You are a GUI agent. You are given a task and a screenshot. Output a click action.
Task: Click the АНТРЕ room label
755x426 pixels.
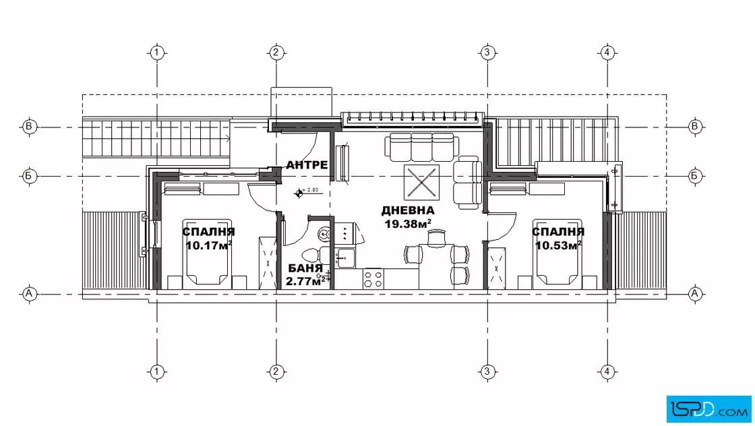point(307,165)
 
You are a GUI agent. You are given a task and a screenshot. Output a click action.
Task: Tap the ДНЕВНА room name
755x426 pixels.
point(408,210)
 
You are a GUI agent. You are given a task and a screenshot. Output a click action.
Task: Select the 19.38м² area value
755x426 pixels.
point(408,224)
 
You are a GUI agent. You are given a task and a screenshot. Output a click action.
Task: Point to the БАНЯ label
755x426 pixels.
point(305,268)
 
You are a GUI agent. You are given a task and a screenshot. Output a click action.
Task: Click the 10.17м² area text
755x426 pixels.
point(208,245)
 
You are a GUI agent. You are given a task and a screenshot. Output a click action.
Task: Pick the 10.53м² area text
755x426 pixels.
point(558,245)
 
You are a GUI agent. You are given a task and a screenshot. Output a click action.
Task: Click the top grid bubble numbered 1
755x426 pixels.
point(157,52)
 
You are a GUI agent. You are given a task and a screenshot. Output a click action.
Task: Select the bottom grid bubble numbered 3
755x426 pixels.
point(487,371)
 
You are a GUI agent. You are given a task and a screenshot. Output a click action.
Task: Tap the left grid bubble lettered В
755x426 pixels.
point(30,127)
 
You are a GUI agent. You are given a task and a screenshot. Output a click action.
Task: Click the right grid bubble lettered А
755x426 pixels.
point(694,293)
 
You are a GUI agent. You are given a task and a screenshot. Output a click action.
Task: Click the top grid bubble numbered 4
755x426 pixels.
point(607,52)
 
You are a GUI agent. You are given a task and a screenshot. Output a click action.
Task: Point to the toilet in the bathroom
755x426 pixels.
point(312,255)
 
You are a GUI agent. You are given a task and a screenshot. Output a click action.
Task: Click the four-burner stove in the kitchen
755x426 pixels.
point(373,278)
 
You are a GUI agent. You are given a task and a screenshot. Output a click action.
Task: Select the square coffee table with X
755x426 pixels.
point(421,183)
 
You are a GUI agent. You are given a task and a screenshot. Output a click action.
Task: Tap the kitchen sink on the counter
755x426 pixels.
point(344,257)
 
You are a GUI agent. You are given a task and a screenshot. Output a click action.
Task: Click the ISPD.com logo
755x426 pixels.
point(708,408)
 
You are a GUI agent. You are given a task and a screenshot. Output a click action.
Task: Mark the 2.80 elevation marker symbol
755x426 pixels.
point(299,193)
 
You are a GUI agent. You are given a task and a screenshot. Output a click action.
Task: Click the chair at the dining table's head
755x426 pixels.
point(437,237)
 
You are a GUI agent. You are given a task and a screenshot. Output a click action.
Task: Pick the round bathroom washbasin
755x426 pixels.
point(324,235)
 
